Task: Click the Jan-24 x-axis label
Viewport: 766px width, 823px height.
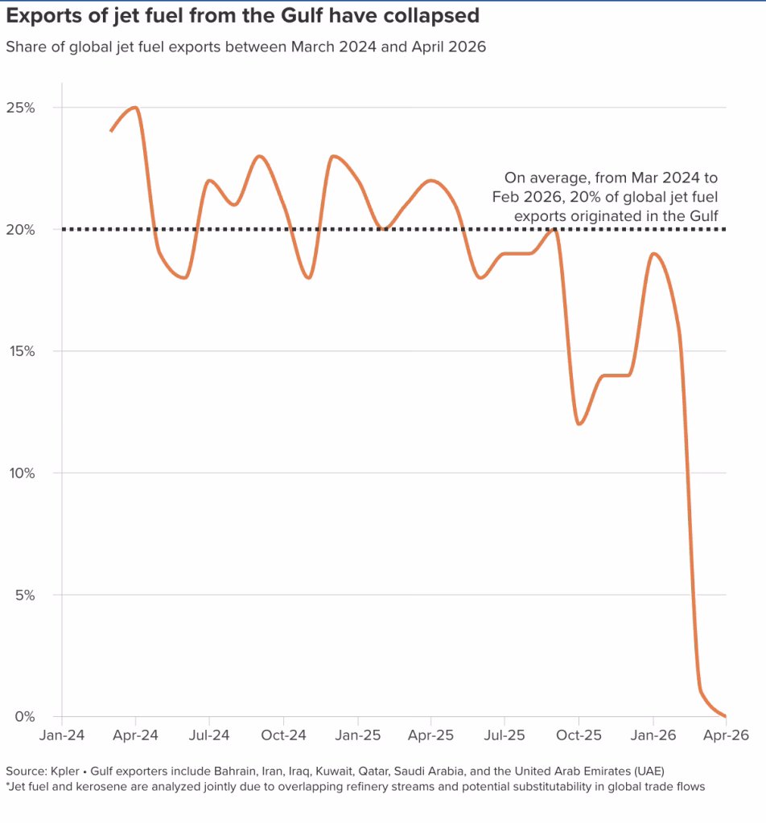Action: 62,735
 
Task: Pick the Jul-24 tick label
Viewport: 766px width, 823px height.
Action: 209,735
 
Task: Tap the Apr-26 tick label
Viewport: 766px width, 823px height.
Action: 726,735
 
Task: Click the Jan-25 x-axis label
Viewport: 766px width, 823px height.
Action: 357,735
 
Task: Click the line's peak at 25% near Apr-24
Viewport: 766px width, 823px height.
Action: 135,108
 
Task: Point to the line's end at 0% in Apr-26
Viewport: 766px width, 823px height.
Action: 726,716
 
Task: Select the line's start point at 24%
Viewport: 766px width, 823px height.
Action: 111,131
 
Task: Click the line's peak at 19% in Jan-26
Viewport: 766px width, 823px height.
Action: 653,254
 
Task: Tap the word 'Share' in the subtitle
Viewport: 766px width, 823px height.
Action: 24,47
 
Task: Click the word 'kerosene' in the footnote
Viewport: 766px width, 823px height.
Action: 93,787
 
